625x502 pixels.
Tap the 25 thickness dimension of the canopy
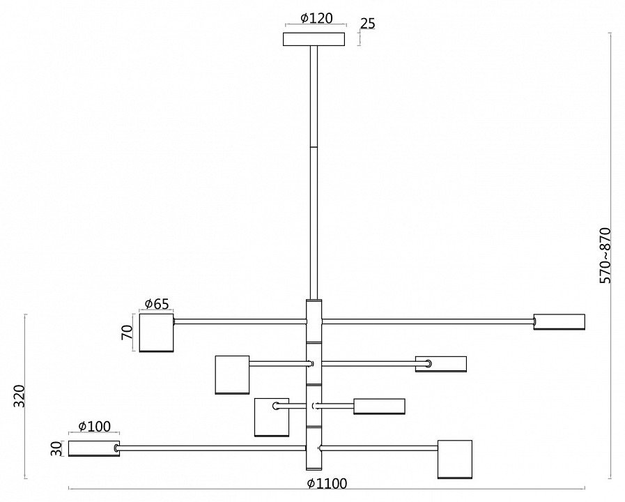pos(367,24)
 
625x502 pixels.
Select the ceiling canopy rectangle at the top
pos(314,39)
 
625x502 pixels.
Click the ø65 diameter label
pos(156,304)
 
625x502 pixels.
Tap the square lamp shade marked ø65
pos(156,333)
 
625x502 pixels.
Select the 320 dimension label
pos(19,396)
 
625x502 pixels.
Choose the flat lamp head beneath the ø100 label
pos(93,448)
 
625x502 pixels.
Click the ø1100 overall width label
pos(327,484)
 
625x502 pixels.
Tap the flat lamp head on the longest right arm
pos(559,321)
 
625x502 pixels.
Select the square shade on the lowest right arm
pos(454,459)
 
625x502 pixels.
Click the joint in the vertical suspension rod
pos(314,146)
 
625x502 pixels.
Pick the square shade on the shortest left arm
pos(271,417)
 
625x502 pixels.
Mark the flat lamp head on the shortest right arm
pos(379,406)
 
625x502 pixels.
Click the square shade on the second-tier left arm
pos(232,374)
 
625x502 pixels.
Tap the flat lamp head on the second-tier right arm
pos(441,363)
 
